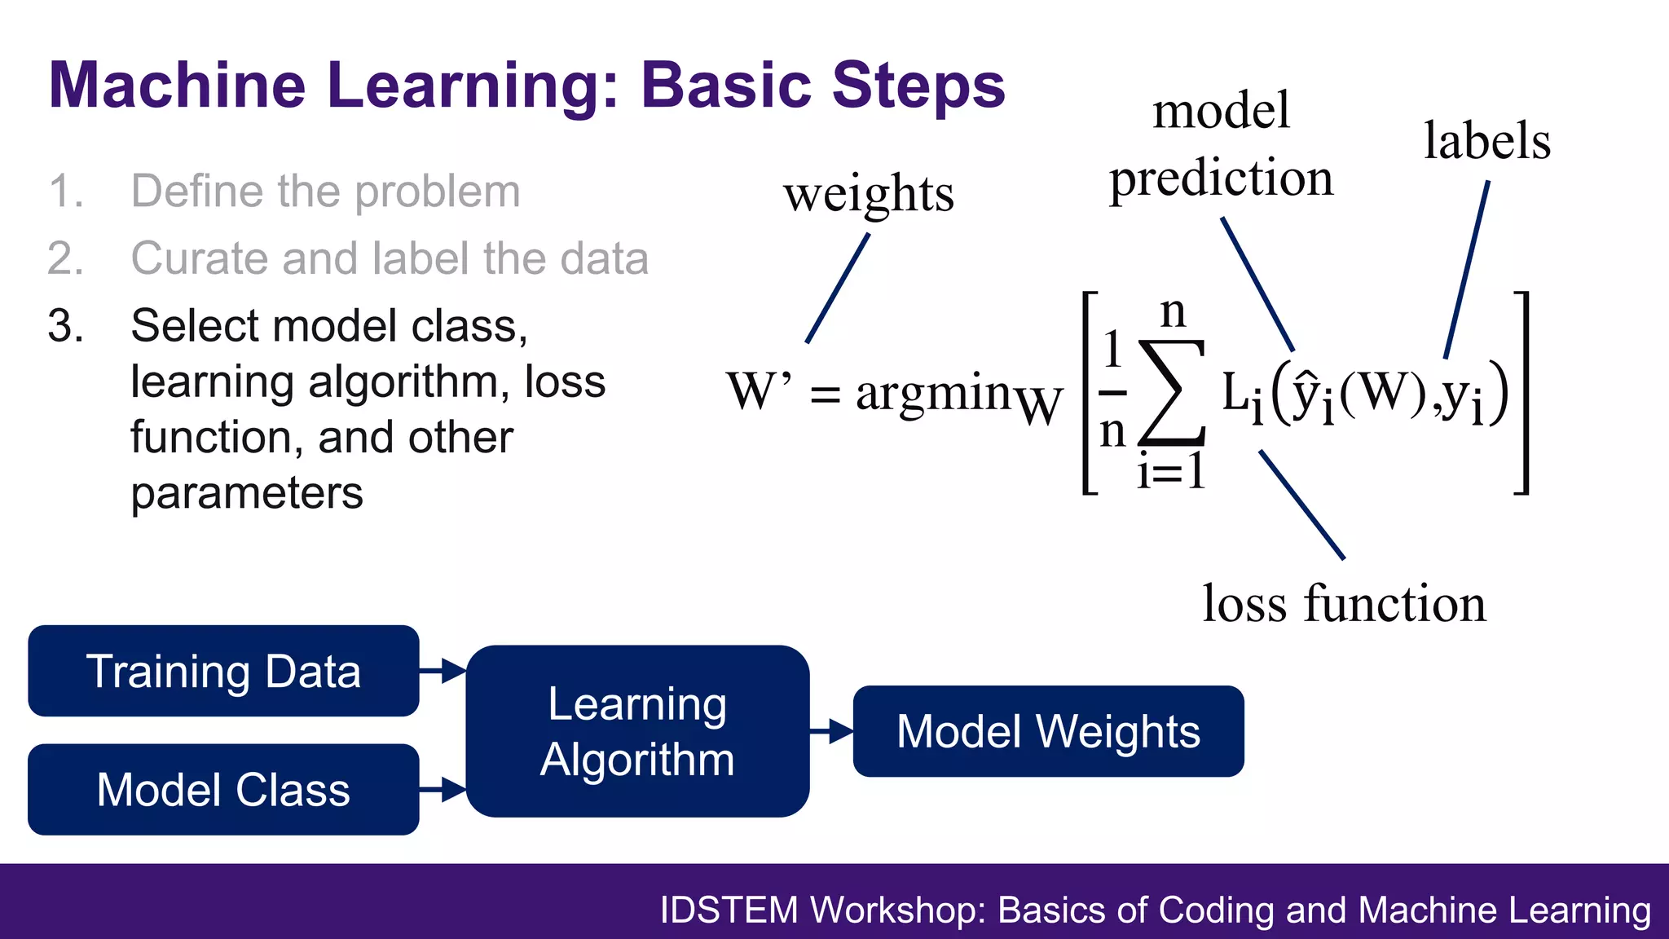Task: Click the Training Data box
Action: tap(223, 671)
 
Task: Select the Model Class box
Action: tap(223, 789)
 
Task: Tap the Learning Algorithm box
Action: tap(637, 731)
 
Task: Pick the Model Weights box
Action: tap(1048, 731)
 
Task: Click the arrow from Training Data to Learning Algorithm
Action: tap(443, 671)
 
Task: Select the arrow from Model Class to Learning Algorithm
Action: tap(443, 789)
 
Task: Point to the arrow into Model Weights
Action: tap(831, 731)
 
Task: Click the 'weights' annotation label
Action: tap(869, 194)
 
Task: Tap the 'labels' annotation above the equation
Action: tap(1486, 140)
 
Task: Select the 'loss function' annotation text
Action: tap(1344, 604)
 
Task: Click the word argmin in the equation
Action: tap(933, 393)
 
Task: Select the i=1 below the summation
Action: tap(1170, 471)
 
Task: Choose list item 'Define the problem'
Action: tap(325, 192)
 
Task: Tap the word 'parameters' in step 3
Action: tap(247, 493)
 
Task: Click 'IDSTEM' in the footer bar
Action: tap(728, 910)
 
